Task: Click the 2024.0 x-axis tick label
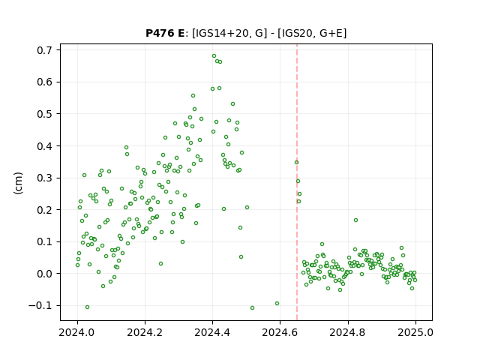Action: click(77, 332)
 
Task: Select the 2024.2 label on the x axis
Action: click(145, 332)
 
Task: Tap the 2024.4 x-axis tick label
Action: click(213, 332)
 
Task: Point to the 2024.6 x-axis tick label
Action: click(280, 332)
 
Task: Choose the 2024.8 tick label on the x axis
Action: click(348, 332)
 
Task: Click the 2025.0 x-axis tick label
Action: click(415, 332)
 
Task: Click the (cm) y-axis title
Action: click(18, 183)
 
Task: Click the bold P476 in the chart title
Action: click(160, 33)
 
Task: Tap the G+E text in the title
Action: click(331, 33)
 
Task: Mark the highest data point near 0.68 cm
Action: click(214, 56)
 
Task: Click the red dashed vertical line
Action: click(297, 182)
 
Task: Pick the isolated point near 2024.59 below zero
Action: click(277, 303)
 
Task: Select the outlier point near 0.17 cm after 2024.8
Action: click(355, 220)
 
